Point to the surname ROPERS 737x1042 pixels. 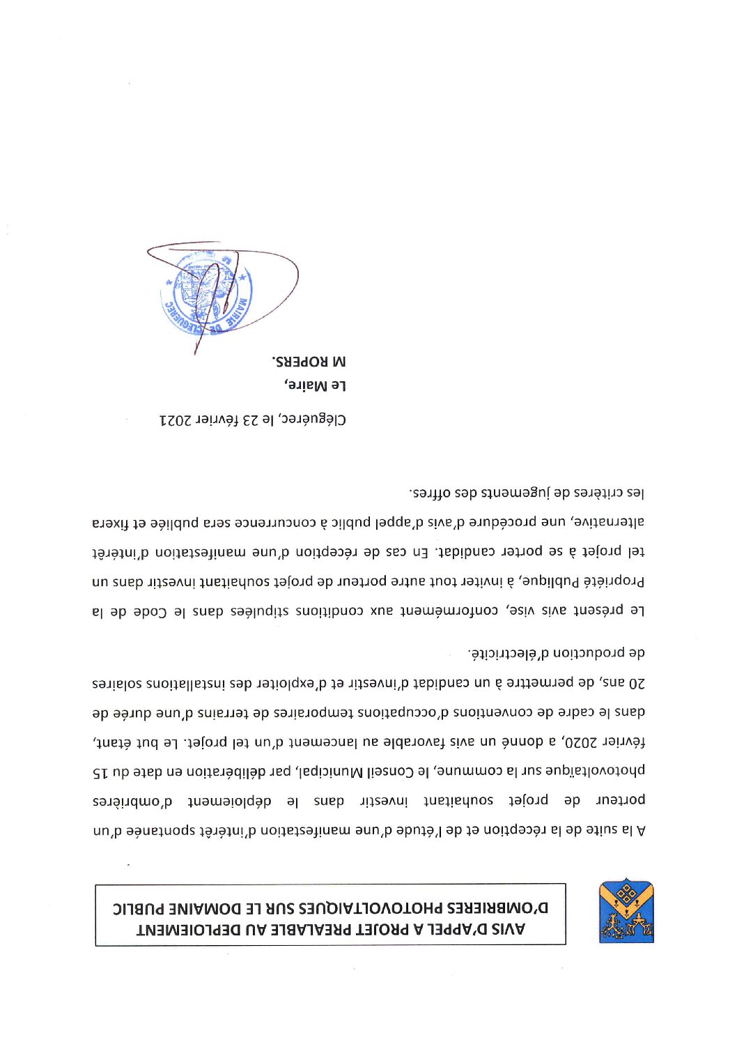(x=300, y=362)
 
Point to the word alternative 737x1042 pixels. (x=609, y=522)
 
